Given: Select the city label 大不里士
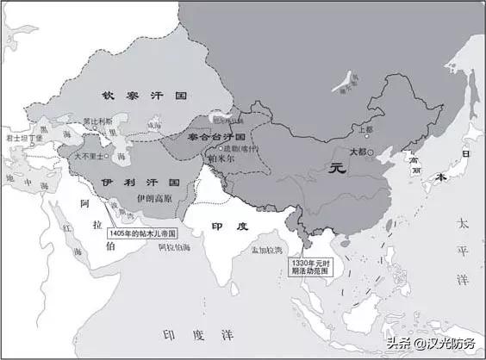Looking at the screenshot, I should point(90,157).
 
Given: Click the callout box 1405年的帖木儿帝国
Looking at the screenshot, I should point(142,233).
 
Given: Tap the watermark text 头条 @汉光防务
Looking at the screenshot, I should point(431,342).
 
